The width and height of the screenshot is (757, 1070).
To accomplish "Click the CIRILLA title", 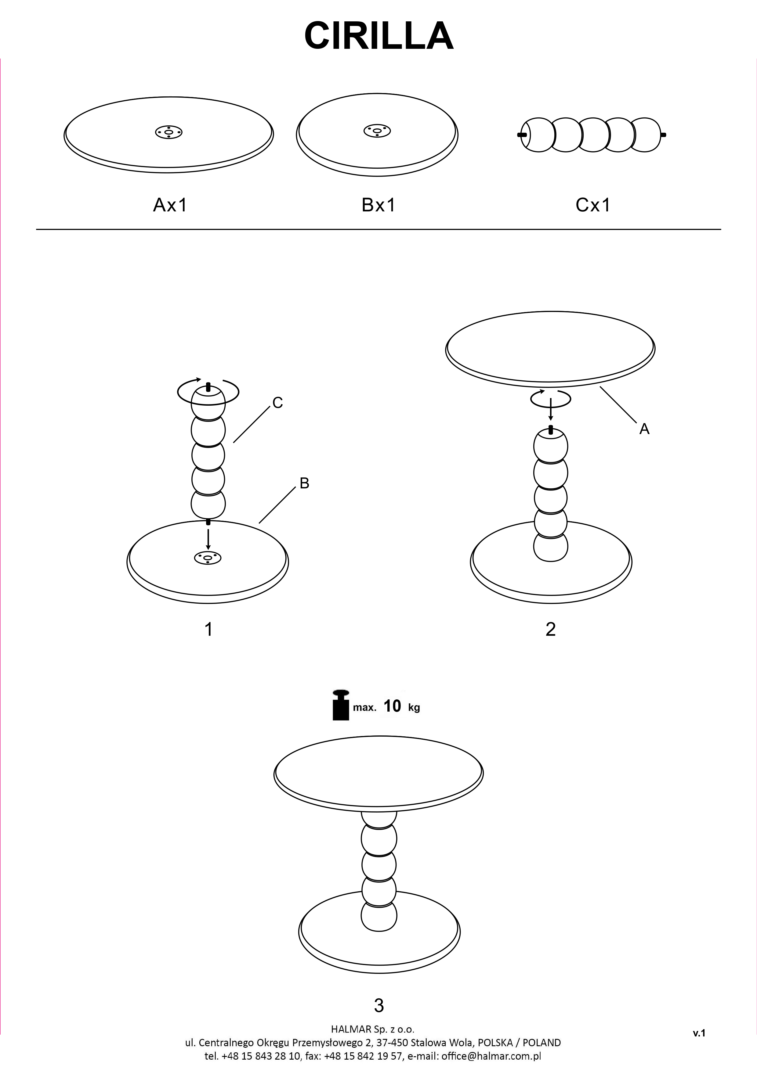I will point(378,36).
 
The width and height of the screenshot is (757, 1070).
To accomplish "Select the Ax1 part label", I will point(170,205).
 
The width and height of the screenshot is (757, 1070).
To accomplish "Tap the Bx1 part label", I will point(378,205).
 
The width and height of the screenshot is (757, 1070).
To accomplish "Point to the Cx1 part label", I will point(593,205).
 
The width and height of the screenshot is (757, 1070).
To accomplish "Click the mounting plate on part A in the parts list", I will point(168,132).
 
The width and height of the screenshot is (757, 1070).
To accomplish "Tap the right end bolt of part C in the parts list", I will point(663,135).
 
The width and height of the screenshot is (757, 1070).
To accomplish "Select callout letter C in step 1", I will point(277,403).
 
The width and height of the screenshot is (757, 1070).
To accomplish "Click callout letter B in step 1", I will point(304,484).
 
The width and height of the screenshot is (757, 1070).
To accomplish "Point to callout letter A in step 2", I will point(644,429).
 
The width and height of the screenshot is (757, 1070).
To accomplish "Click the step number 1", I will point(208,629).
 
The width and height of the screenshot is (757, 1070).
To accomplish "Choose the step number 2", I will point(550,629).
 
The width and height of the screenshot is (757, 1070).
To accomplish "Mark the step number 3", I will point(379,1006).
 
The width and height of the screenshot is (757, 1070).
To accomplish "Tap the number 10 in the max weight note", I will point(392,706).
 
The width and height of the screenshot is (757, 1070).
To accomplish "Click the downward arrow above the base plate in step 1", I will point(208,538).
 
